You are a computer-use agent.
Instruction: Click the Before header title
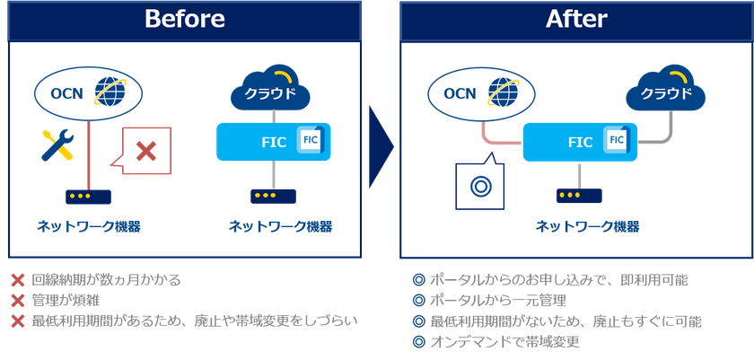pyautogui.click(x=185, y=19)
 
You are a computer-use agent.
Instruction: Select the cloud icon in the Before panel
pyautogui.click(x=270, y=91)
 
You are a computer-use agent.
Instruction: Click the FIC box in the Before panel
pyautogui.click(x=274, y=141)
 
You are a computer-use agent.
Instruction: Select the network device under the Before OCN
pyautogui.click(x=88, y=196)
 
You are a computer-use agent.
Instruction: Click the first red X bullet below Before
pyautogui.click(x=17, y=281)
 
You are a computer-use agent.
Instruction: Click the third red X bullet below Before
pyautogui.click(x=17, y=320)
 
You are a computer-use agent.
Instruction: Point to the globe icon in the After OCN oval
pyautogui.click(x=504, y=93)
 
